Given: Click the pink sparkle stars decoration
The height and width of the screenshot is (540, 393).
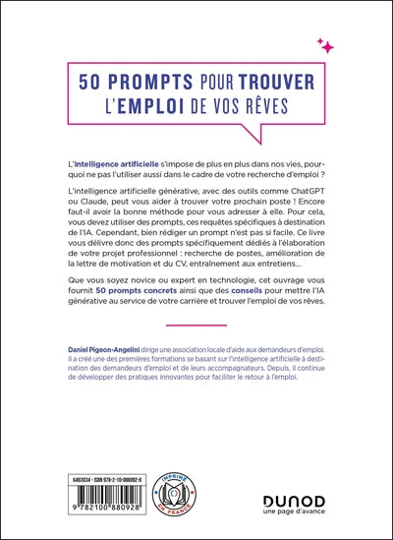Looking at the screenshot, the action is pos(326,45).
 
